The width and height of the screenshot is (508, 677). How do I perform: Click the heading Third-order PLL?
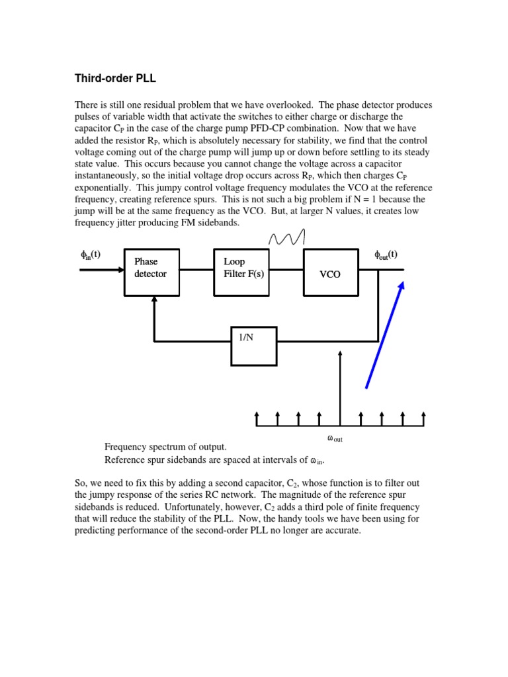(x=115, y=79)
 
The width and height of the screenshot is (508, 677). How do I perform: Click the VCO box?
(x=331, y=272)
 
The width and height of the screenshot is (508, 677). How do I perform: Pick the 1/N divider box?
(x=254, y=345)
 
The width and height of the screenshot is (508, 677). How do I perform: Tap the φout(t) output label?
(x=386, y=255)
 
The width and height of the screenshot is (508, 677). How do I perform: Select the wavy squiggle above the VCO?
(x=286, y=236)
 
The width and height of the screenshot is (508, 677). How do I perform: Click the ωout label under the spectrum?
(x=335, y=438)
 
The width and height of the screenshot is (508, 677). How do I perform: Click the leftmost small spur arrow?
(x=257, y=418)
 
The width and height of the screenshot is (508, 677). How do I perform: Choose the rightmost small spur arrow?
(x=423, y=418)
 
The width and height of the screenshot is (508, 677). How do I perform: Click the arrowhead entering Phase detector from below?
(x=154, y=301)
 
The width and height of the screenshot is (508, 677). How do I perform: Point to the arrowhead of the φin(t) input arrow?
(x=120, y=270)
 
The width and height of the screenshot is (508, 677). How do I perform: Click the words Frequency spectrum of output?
(x=165, y=448)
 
